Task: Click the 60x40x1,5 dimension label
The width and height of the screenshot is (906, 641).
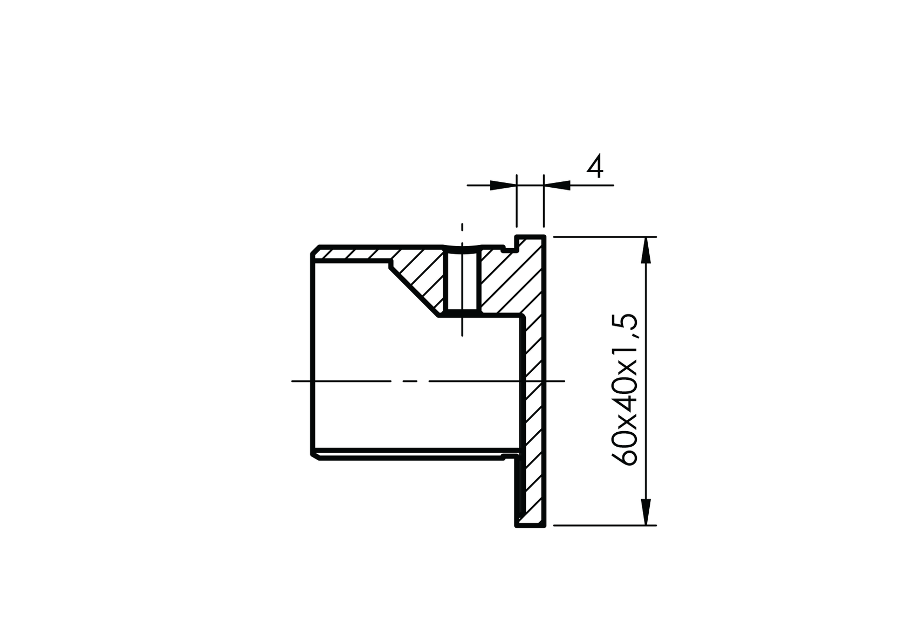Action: click(x=624, y=389)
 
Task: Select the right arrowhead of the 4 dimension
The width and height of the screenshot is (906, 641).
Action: click(x=557, y=186)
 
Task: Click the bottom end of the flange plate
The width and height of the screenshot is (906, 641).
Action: click(x=530, y=524)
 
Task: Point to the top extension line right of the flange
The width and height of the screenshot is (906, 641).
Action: click(x=604, y=237)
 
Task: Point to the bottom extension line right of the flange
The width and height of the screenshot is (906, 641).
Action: click(x=604, y=524)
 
